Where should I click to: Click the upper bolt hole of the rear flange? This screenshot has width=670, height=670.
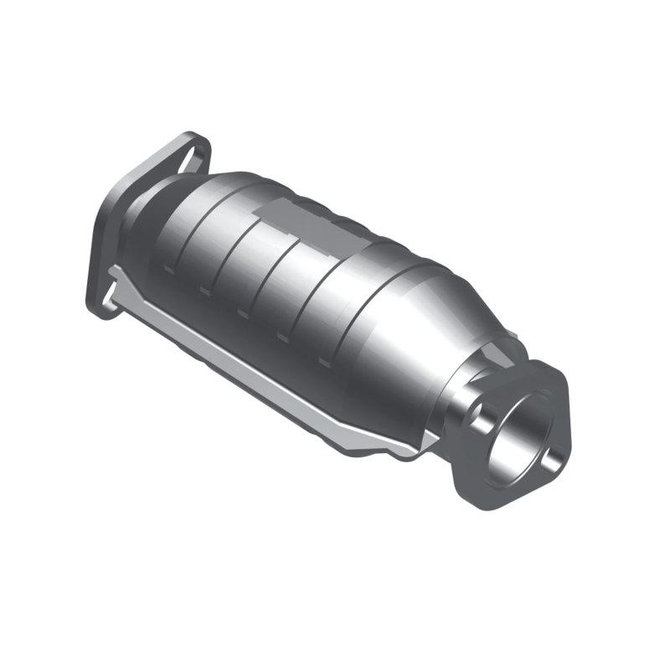tap(194, 151)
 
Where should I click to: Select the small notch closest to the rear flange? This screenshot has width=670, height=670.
tap(167, 271)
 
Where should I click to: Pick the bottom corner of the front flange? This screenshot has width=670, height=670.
tap(482, 502)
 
